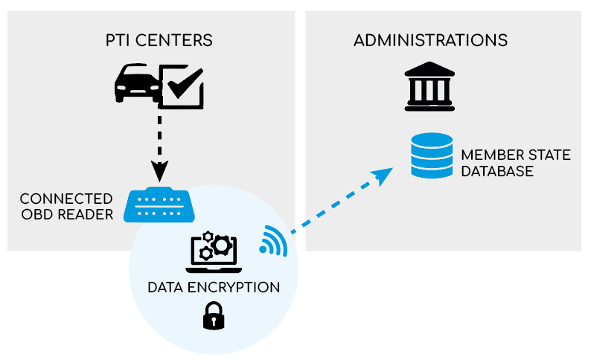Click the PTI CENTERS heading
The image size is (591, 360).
(x=159, y=40)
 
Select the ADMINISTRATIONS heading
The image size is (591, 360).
(x=430, y=40)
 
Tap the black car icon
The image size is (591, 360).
(x=135, y=83)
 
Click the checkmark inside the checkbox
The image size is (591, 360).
(x=185, y=83)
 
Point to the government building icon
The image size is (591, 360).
(x=429, y=86)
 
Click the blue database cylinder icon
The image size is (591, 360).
(x=432, y=155)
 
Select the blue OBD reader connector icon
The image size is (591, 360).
(x=159, y=205)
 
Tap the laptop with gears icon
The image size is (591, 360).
(x=214, y=253)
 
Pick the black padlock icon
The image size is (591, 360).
(x=214, y=315)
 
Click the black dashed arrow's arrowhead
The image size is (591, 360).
(x=159, y=171)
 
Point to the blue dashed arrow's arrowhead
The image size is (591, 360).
(x=383, y=176)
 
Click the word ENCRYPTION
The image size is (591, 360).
(x=234, y=287)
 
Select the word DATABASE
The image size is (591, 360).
(x=497, y=171)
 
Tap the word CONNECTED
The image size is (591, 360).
(x=66, y=199)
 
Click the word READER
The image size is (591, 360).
(x=85, y=215)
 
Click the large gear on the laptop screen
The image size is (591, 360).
(x=221, y=245)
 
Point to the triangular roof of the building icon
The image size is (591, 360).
(x=429, y=69)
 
